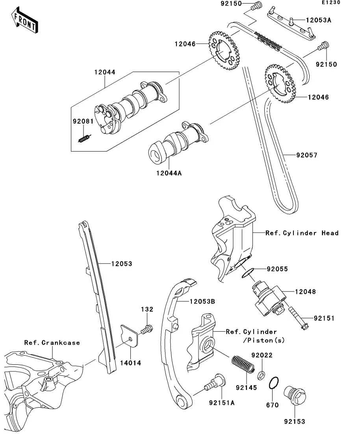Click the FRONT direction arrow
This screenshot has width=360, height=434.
pos(25,20)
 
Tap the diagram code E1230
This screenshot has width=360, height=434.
pos(331,2)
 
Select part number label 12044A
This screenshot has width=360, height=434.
pos(169,173)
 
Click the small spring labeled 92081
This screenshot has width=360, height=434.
pos(84,138)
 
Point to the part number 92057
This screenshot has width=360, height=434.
pos(307,155)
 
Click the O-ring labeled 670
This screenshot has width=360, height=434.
pos(273,383)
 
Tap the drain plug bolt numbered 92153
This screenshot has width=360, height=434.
pos(295,395)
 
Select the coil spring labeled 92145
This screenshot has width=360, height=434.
pos(243,364)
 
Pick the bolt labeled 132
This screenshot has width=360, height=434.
pos(147,329)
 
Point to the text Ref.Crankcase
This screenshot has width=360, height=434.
pos(52,343)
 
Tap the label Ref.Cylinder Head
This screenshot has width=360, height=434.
pos(302,233)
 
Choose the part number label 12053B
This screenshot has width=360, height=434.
pos(202,301)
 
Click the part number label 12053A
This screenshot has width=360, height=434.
pos(319,20)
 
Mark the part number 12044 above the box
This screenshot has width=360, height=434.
pos(105,72)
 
